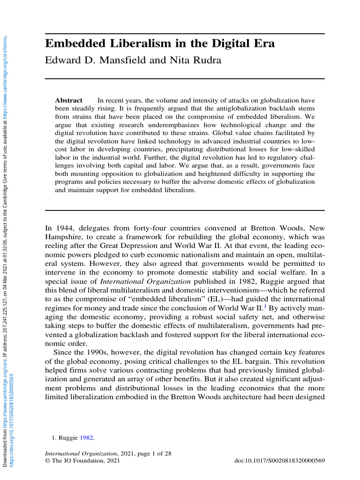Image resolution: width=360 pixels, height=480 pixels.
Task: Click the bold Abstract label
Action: tap(68, 101)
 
